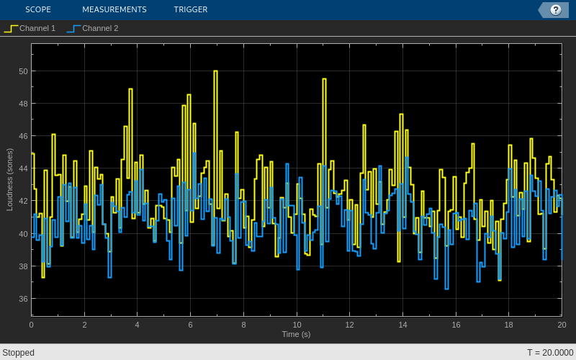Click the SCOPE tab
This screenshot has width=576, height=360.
click(x=37, y=9)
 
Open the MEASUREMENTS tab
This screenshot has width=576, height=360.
click(x=114, y=9)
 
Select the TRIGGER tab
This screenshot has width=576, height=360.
click(x=190, y=9)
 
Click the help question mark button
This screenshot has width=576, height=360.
click(x=555, y=9)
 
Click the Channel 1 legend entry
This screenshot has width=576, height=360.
click(x=30, y=28)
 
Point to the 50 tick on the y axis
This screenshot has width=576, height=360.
click(x=23, y=71)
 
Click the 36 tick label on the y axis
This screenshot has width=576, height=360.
click(x=23, y=299)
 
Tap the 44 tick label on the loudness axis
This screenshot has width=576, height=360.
click(x=23, y=168)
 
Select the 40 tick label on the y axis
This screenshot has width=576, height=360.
click(x=23, y=233)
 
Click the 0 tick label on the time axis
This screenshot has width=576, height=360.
click(x=31, y=325)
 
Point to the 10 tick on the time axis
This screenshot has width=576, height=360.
click(x=297, y=325)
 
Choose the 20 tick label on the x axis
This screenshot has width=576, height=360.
click(x=562, y=325)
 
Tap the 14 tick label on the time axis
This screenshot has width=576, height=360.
click(x=402, y=325)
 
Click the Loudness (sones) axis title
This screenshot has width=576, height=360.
click(x=10, y=179)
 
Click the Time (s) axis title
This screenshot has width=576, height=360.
click(x=296, y=334)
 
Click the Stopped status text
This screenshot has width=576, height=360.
click(x=18, y=353)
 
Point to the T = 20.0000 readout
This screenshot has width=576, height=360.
click(x=550, y=353)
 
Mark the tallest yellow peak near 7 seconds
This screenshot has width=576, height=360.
click(x=215, y=71)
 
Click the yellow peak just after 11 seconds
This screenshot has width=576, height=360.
click(x=324, y=79)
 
